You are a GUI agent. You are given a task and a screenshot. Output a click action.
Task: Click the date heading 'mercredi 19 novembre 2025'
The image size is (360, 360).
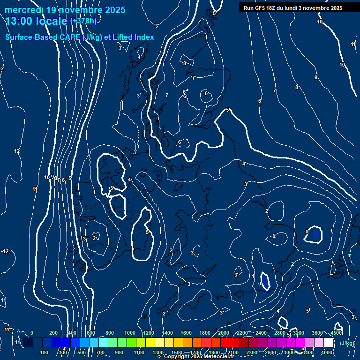pos(65,10)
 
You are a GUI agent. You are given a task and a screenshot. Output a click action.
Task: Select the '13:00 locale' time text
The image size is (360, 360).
pos(37,22)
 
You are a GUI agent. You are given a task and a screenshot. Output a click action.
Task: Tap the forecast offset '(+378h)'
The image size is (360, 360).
pos(83,21)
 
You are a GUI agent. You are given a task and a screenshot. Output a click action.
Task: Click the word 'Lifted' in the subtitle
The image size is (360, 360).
pos(123,37)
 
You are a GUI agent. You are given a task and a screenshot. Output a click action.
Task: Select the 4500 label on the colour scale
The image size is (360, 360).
pos(336,333)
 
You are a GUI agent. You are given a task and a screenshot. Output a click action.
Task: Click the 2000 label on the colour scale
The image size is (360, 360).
pos(224,333)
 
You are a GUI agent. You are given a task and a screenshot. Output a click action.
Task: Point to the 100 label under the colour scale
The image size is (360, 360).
pos(45,352)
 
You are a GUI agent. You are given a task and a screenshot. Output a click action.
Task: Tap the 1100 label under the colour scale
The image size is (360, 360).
pos(139,352)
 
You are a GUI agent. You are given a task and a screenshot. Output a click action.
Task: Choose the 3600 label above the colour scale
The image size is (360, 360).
pos(317,333)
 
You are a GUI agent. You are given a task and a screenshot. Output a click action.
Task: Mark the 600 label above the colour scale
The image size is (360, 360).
pos(91,333)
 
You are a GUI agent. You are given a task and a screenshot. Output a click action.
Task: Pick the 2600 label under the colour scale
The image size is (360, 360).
pos(270,352)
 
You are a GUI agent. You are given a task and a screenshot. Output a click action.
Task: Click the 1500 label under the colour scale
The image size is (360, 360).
pos(177,352)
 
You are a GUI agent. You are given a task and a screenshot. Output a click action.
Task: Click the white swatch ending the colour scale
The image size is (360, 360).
pos(328,343)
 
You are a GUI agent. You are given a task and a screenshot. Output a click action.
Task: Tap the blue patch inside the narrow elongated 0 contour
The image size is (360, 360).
pos(266,282)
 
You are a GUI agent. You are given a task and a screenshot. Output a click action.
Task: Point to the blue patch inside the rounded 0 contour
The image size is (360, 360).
pos(315,232)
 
